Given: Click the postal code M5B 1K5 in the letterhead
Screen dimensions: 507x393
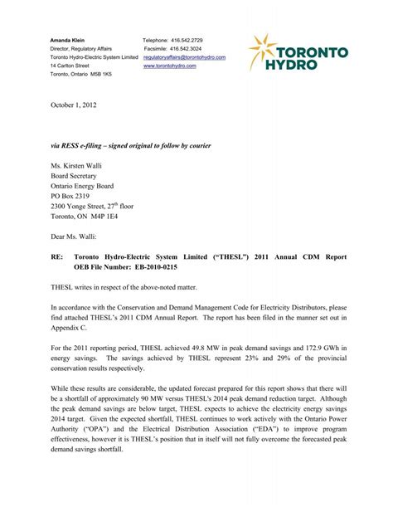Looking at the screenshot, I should pyautogui.click(x=98, y=75).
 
